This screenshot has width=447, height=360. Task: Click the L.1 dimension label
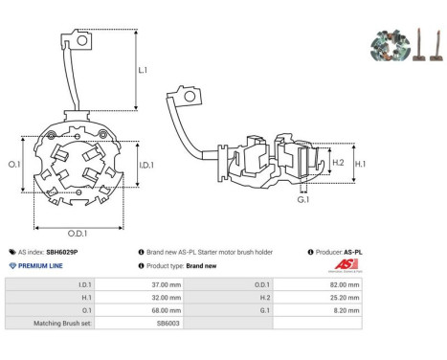point(143,70)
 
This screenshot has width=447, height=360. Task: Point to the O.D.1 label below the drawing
point(78,234)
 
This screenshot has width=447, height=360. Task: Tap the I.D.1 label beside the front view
point(146,165)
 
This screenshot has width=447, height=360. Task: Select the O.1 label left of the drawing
point(14,165)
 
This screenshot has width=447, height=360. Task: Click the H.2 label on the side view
point(338,163)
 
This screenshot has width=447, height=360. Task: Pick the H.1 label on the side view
point(360,164)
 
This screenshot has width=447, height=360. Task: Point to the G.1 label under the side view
point(303,200)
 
